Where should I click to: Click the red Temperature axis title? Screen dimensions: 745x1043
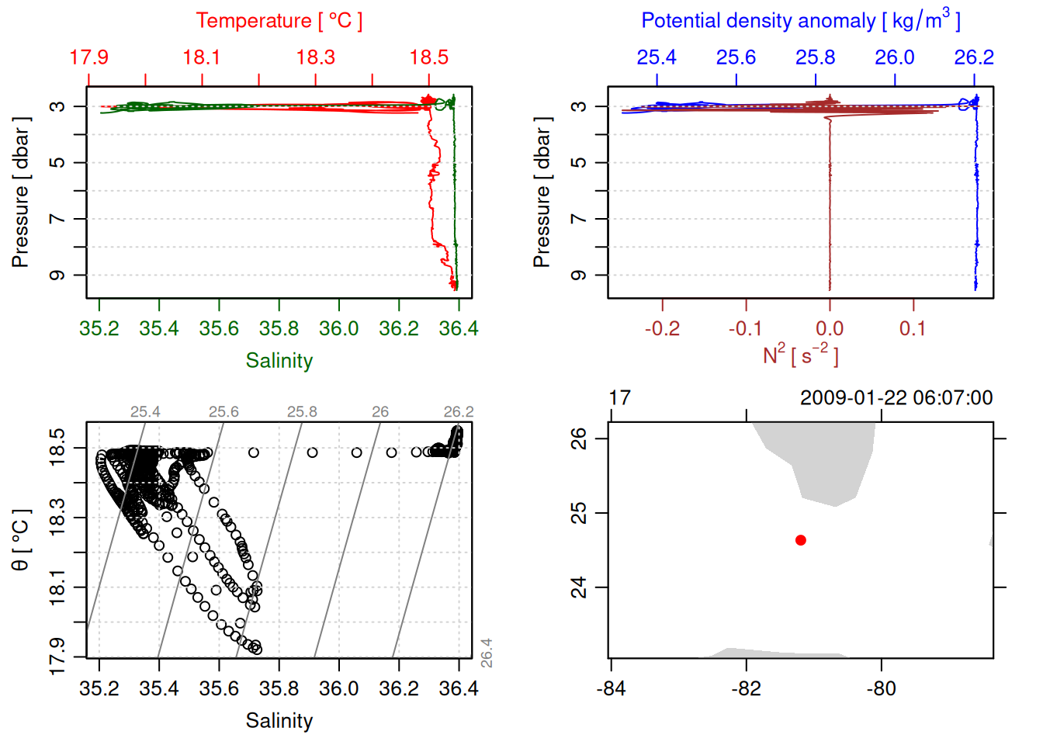pos(279,21)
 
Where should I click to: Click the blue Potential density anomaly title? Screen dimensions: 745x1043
pos(800,20)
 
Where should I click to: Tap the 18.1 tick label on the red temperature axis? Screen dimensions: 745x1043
pos(202,57)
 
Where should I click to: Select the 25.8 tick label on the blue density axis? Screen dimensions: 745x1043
pos(816,57)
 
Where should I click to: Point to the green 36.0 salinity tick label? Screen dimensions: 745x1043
pos(338,329)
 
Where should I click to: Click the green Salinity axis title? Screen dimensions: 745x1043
pos(279,361)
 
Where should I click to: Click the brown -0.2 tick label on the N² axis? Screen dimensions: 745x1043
pos(662,329)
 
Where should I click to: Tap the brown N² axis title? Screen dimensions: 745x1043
pos(800,355)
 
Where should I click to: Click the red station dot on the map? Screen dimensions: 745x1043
pos(801,540)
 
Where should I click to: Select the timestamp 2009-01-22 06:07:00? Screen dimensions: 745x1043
pos(896,398)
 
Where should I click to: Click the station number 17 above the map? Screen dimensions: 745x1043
pos(619,398)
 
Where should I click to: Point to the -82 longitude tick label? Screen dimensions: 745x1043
pos(746,689)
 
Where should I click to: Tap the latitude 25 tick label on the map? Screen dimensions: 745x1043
pos(580,513)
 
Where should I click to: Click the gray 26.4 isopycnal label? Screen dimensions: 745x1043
pos(487,653)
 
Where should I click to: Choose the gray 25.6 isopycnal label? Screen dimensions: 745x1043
pos(223,412)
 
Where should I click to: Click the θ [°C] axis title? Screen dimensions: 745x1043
pos(20,540)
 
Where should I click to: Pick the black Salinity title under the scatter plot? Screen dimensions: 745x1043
pos(279,721)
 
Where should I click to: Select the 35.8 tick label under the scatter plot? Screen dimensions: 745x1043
pos(279,689)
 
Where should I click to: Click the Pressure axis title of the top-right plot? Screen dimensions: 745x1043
pos(542,192)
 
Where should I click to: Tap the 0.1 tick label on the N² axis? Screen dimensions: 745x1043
pos(913,329)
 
